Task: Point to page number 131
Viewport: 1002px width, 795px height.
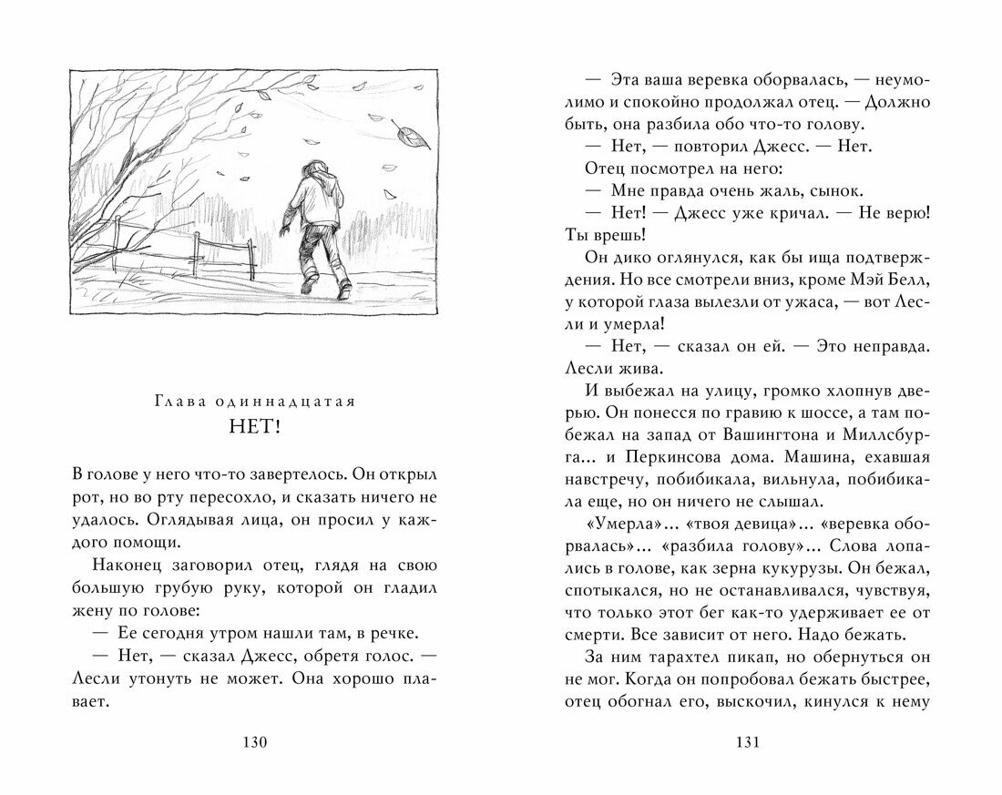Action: [746, 742]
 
